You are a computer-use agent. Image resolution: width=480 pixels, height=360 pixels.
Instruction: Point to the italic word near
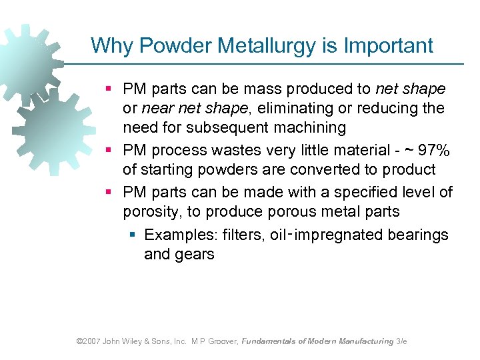[x=155, y=108]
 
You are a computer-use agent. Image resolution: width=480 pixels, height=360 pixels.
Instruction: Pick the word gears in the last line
[x=194, y=253]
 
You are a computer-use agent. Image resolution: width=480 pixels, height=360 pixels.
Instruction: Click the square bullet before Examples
[x=133, y=235]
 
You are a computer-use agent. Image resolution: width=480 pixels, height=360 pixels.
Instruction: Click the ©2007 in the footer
[x=89, y=341]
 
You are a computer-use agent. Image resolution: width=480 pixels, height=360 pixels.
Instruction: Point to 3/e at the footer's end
[x=401, y=341]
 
